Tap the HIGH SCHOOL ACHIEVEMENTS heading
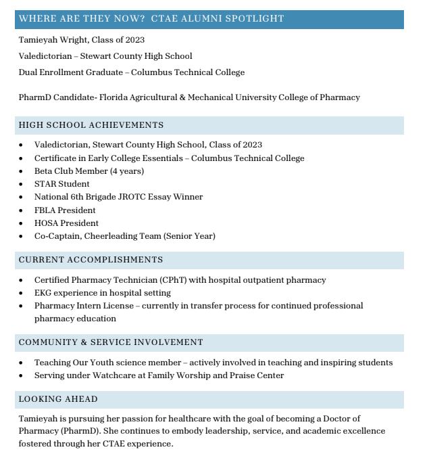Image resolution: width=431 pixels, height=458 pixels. [x=91, y=125]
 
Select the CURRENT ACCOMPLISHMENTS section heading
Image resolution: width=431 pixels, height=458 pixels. [x=91, y=260]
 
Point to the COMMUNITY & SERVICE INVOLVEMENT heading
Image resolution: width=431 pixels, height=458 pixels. [x=111, y=342]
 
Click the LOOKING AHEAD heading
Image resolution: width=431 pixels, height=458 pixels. [x=58, y=399]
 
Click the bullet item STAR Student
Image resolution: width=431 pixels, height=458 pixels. [x=61, y=184]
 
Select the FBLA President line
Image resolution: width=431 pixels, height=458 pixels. [x=65, y=210]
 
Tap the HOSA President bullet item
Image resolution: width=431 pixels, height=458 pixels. [x=66, y=223]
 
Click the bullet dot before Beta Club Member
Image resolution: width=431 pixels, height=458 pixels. [x=21, y=171]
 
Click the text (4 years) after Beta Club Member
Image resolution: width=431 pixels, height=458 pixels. [x=127, y=171]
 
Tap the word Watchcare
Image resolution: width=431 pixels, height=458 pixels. [x=109, y=375]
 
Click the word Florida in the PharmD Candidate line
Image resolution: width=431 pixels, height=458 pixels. [x=113, y=97]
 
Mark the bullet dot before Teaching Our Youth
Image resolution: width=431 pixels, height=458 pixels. [x=21, y=363]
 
